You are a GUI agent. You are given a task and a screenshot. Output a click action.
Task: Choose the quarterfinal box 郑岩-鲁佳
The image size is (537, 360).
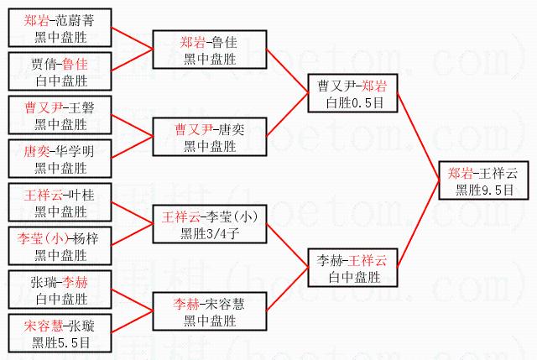210,49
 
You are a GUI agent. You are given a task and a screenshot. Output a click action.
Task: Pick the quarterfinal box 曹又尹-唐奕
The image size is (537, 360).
210,137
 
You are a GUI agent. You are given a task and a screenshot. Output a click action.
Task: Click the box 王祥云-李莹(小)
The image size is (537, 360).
210,225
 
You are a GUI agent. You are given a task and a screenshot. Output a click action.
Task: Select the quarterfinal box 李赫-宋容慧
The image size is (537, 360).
210,312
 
